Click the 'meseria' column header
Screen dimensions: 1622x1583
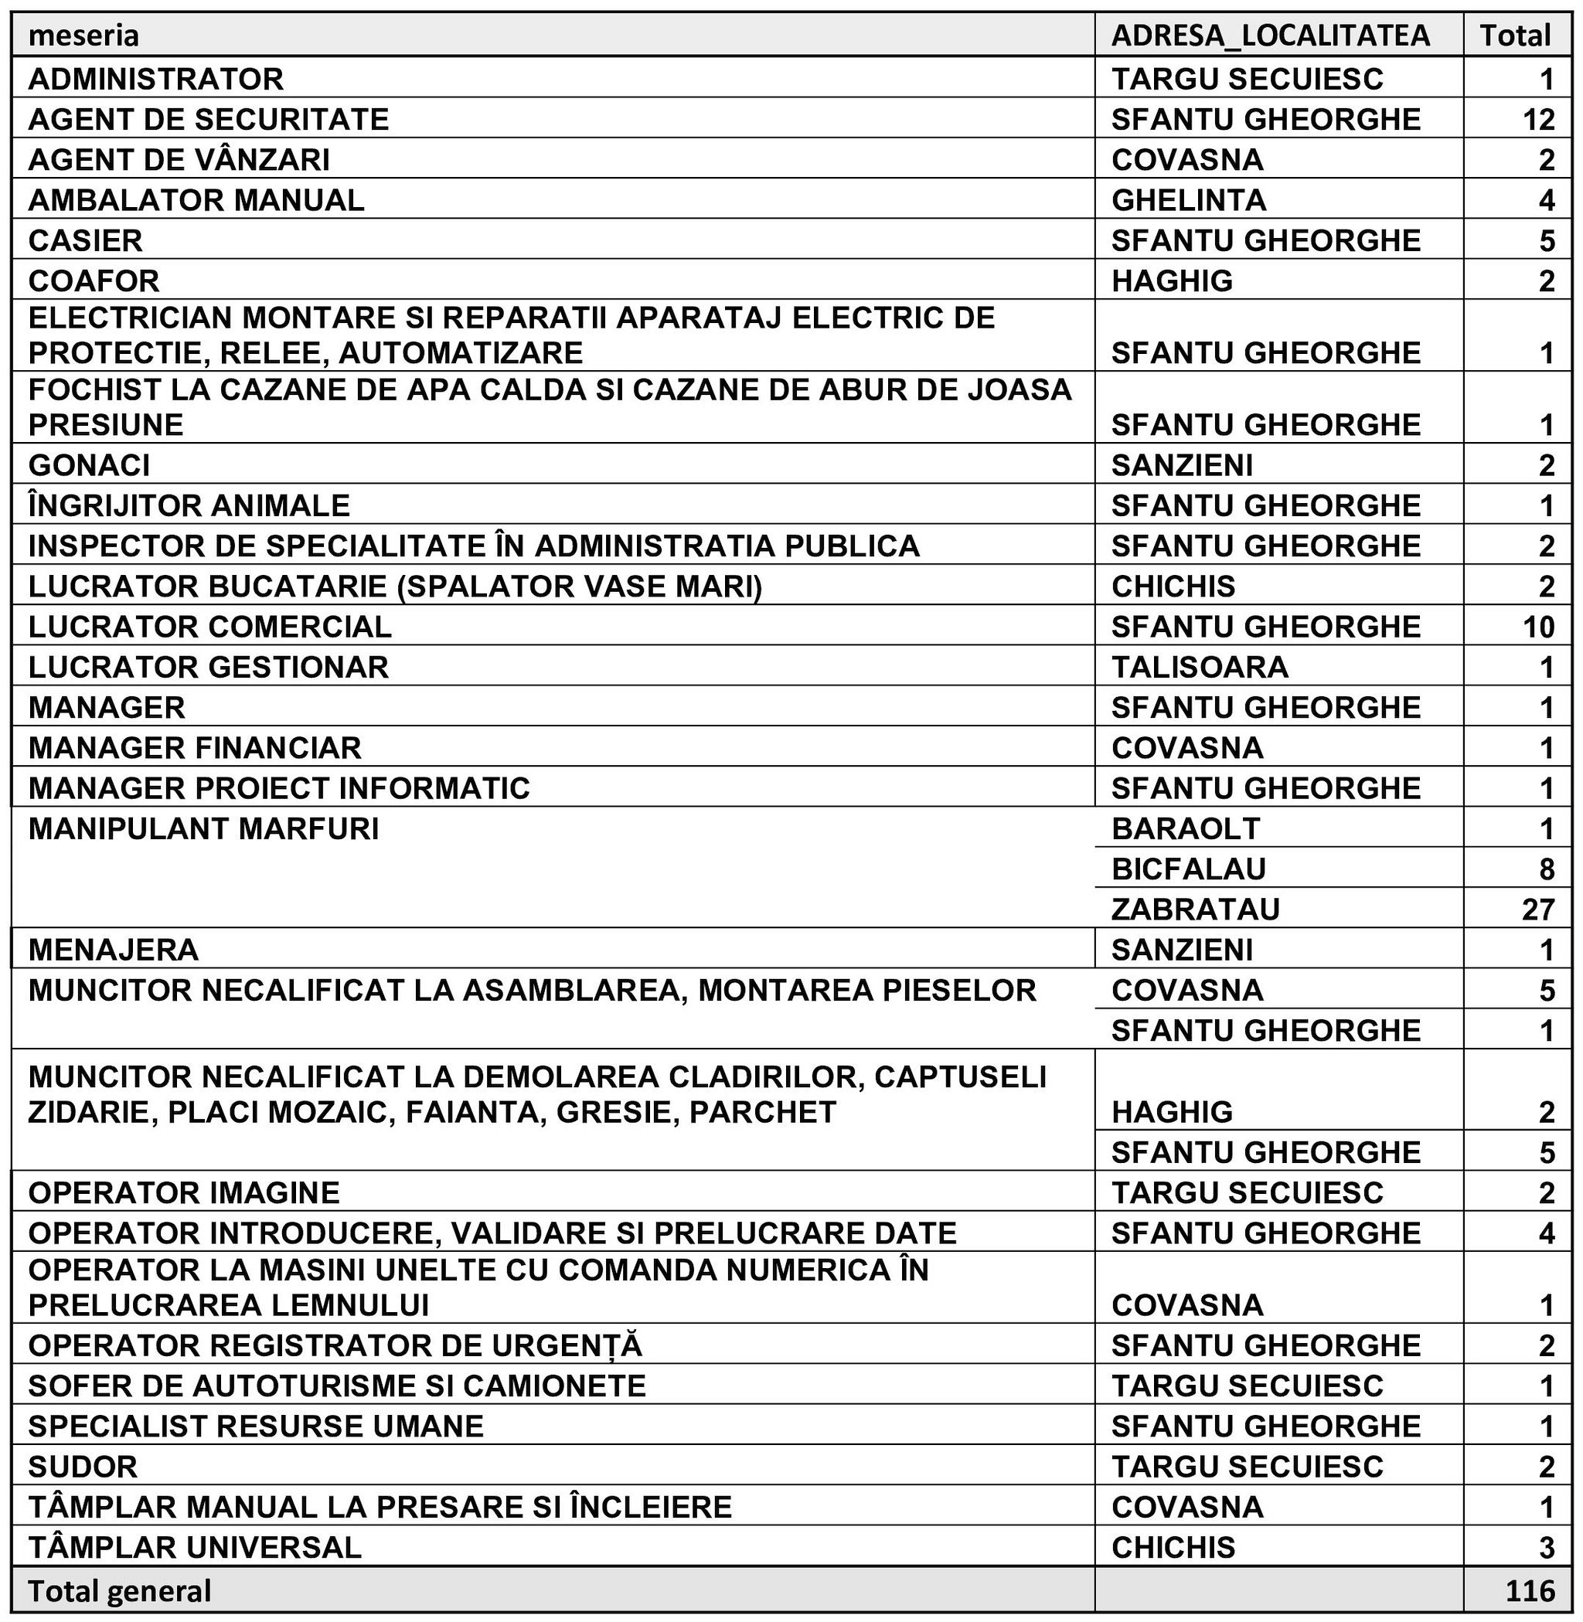click(x=83, y=36)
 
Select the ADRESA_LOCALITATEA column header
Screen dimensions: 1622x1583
click(x=1271, y=36)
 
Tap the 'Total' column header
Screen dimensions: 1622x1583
click(x=1515, y=36)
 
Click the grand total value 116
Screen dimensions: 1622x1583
click(x=1529, y=1590)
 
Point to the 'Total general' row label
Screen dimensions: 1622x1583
click(x=120, y=1590)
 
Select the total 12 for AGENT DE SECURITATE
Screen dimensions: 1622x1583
click(x=1538, y=119)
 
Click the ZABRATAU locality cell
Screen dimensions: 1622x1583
click(x=1195, y=909)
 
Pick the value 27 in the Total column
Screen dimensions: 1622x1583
click(x=1538, y=909)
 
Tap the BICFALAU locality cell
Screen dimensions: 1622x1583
click(x=1188, y=869)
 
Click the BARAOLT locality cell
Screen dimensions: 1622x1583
click(x=1186, y=828)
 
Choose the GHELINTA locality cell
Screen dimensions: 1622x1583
click(x=1188, y=199)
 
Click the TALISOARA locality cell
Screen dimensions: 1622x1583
click(x=1199, y=667)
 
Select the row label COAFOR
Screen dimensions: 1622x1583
click(x=93, y=281)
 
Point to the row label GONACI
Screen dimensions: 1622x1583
click(x=89, y=464)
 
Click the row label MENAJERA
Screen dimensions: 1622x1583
click(x=113, y=950)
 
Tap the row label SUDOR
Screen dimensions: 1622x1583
click(x=82, y=1466)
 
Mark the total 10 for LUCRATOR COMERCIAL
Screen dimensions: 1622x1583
click(x=1538, y=626)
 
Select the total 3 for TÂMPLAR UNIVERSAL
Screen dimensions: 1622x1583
click(x=1546, y=1547)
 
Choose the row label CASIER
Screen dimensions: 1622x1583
click(x=85, y=240)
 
